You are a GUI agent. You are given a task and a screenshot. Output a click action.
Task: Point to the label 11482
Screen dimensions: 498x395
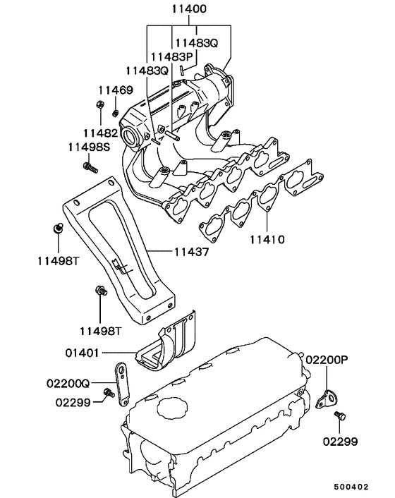pyautogui.click(x=99, y=132)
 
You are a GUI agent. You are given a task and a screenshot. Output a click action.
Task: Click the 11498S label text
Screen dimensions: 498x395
pyautogui.click(x=89, y=147)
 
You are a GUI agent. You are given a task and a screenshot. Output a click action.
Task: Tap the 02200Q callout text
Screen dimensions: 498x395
pyautogui.click(x=68, y=384)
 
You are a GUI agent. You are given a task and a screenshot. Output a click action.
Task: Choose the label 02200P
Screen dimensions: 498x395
pyautogui.click(x=327, y=359)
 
